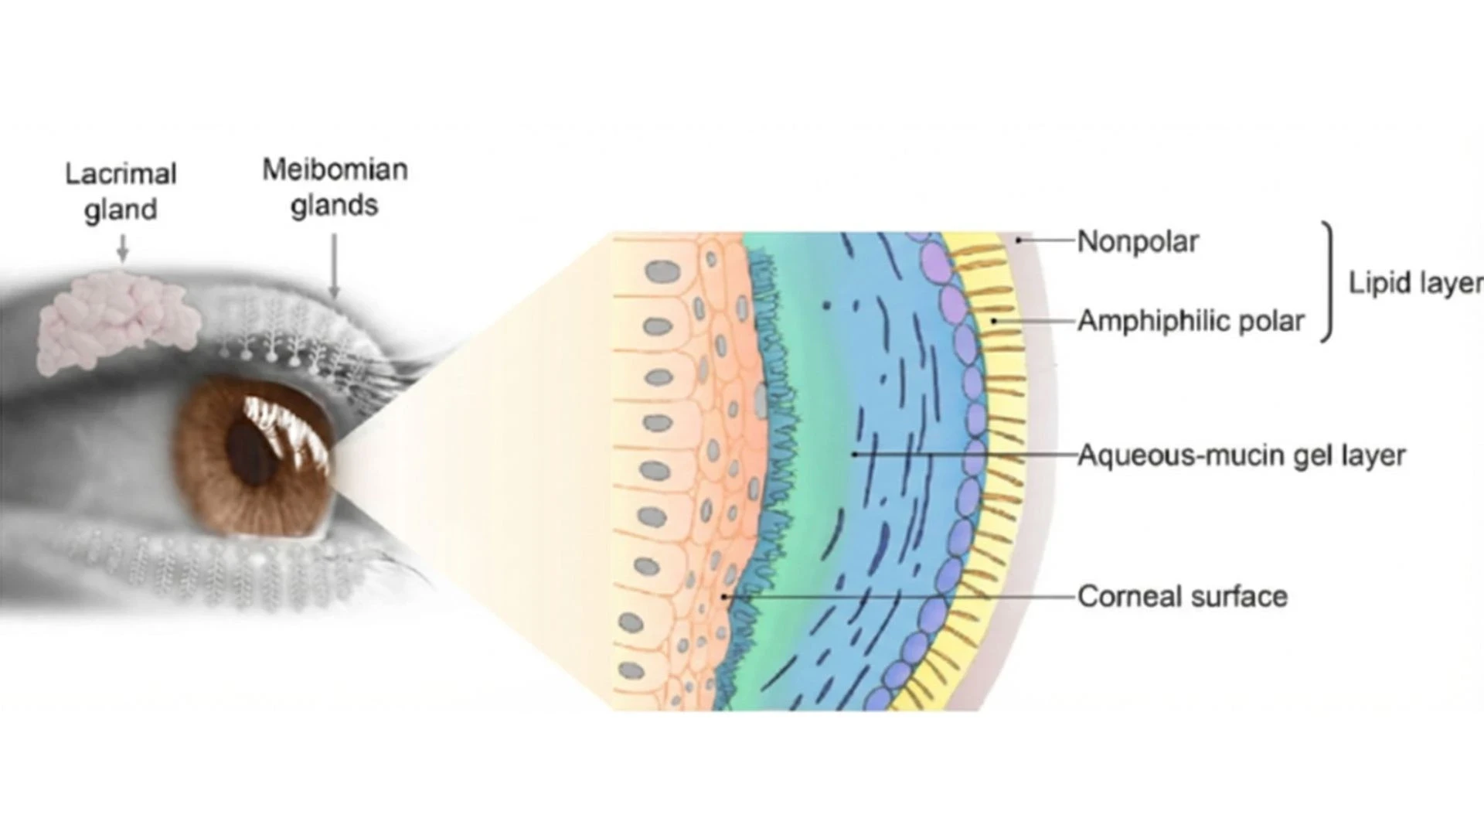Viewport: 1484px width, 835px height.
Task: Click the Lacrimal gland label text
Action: coord(121,191)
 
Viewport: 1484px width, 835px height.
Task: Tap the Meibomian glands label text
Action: coord(335,187)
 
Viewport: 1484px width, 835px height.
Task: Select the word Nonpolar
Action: coord(1137,241)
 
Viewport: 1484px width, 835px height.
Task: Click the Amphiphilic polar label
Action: coord(1190,320)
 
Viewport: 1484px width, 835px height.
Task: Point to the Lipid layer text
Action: coord(1415,283)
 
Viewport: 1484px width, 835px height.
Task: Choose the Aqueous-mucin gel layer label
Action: coord(1241,455)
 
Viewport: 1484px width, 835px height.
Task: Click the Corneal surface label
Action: coord(1182,596)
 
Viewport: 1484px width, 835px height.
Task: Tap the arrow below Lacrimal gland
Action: coord(121,249)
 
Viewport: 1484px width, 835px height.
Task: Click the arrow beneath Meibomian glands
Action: coord(334,267)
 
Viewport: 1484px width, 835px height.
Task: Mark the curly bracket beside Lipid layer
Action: coord(1329,283)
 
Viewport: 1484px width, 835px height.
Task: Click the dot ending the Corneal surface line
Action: coord(724,597)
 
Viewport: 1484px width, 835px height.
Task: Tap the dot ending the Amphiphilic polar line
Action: coord(995,320)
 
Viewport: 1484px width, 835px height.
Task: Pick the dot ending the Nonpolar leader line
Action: coord(1019,240)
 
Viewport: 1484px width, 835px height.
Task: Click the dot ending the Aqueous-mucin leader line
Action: coord(854,454)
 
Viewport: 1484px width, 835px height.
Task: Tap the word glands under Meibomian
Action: coord(334,206)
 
